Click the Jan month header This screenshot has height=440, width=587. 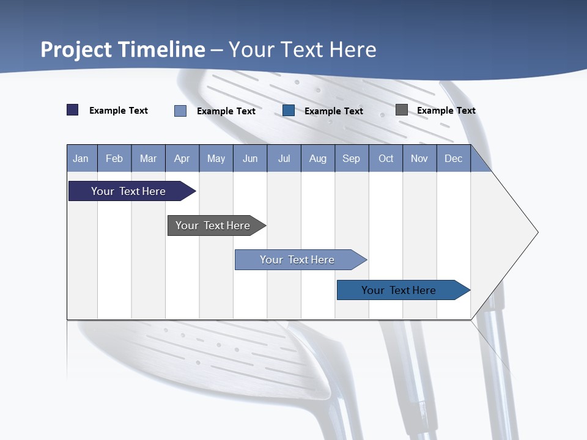(x=81, y=158)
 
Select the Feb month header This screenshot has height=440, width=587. (x=114, y=158)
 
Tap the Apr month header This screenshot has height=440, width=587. (x=182, y=158)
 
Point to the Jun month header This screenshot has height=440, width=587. (x=250, y=158)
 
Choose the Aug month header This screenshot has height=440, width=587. (x=317, y=158)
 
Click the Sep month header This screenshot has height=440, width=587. (x=351, y=158)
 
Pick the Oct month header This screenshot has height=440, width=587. (x=386, y=158)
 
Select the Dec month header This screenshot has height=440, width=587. (x=453, y=158)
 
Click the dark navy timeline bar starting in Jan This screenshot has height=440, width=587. (x=128, y=191)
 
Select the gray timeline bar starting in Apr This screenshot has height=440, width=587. (x=213, y=226)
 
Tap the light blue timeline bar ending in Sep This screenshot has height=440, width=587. (x=297, y=260)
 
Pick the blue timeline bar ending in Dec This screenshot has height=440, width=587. (x=399, y=290)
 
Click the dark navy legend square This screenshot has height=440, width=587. (x=73, y=110)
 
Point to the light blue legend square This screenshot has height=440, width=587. (x=180, y=111)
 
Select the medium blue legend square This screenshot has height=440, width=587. (x=289, y=111)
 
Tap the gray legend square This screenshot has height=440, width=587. (x=402, y=110)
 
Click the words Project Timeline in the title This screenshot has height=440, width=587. (x=123, y=50)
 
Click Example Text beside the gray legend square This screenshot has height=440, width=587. (x=446, y=111)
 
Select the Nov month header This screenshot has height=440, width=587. (x=419, y=158)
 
